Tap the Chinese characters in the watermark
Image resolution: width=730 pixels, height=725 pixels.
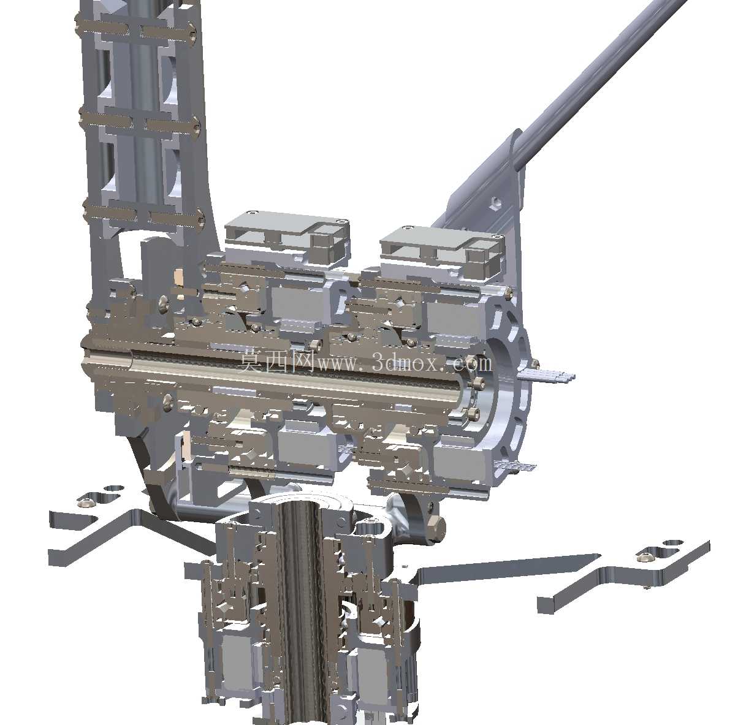point(278,362)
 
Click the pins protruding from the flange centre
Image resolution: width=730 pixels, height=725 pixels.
point(546,375)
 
